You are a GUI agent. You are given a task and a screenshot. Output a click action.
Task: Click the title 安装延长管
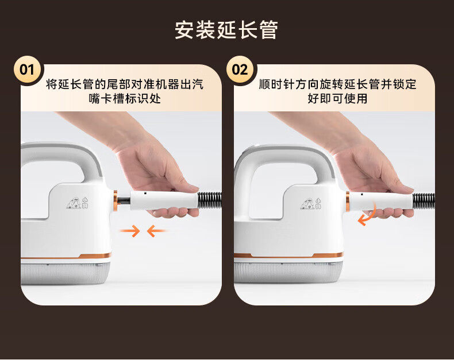pos(226,29)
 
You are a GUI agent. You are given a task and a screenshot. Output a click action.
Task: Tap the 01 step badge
pos(27,69)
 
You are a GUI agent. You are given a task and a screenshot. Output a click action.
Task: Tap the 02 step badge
pos(240,69)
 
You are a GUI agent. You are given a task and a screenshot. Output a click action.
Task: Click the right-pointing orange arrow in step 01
pos(130,231)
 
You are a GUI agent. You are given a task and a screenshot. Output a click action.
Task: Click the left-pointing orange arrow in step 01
pos(157,231)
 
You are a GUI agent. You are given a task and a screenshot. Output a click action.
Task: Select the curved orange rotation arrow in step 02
pos(368,215)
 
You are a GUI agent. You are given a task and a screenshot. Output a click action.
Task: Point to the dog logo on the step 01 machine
pos(78,203)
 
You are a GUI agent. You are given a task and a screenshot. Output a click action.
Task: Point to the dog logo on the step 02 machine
pos(310,203)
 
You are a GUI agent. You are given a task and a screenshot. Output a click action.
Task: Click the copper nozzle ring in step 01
pos(116,200)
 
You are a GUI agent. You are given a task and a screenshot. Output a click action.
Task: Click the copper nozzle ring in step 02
pos(348,202)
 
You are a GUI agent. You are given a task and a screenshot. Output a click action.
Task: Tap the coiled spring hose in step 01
pos(210,200)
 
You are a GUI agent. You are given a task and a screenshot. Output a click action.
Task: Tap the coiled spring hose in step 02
pos(424,201)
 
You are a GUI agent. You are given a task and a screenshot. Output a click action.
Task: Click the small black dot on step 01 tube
pos(145,193)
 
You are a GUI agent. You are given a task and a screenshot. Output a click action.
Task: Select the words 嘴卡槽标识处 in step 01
pos(125,99)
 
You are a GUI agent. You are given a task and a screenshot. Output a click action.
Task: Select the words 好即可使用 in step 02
pos(337,99)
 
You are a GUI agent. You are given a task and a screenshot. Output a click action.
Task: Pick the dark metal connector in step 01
pos(124,200)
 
